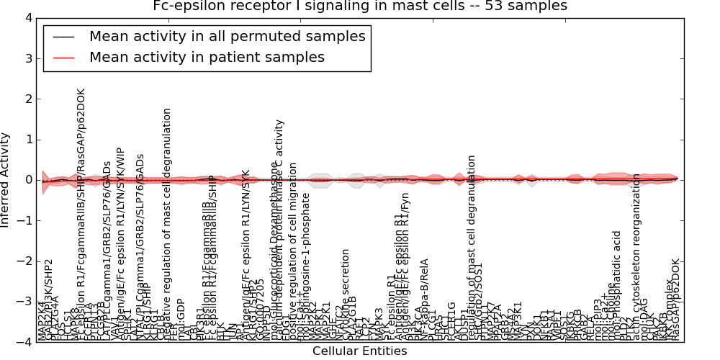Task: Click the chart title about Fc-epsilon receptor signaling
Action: [360, 6]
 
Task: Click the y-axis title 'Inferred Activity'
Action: [6, 180]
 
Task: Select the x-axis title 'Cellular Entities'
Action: [359, 351]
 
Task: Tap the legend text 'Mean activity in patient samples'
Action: [207, 57]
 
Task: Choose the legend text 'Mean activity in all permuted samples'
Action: [227, 36]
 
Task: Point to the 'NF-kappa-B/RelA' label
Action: [424, 295]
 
